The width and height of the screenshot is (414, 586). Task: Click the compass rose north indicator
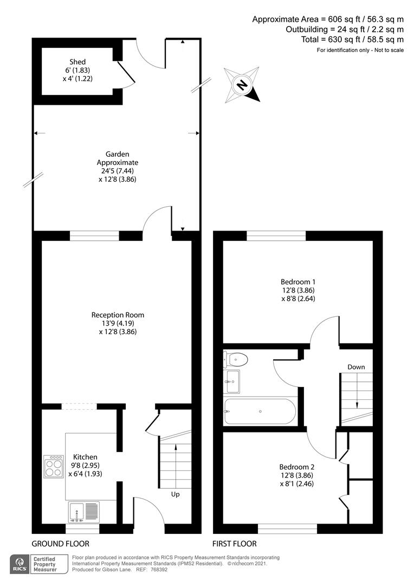point(242,86)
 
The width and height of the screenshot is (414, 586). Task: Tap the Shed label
point(77,62)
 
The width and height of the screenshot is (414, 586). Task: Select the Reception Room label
point(118,315)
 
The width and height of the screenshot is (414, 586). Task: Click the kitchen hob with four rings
point(54,466)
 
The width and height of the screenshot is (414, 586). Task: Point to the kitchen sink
point(84,512)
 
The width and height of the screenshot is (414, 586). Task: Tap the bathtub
point(260,412)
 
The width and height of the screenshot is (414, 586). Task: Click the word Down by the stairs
point(356,367)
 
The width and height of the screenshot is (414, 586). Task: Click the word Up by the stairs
point(175,494)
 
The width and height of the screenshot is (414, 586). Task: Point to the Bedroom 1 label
point(297,282)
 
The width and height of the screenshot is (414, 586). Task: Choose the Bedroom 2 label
point(296,467)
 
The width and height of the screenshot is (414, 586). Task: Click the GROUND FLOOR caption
point(60,544)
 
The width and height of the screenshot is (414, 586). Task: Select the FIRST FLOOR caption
point(235,544)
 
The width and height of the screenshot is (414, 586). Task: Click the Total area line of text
point(352,40)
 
